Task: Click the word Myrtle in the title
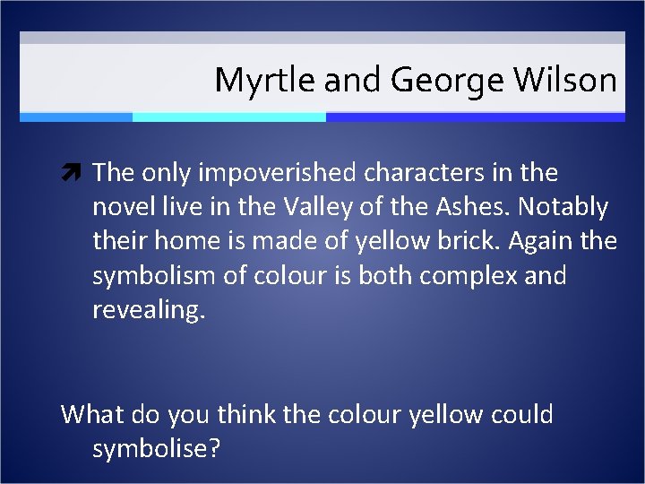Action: tap(265, 82)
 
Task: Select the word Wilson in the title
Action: tap(565, 82)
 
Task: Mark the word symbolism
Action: tap(152, 275)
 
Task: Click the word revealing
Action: tap(149, 309)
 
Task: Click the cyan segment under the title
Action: tap(228, 117)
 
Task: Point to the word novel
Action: tap(123, 207)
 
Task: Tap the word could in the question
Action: tap(521, 415)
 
